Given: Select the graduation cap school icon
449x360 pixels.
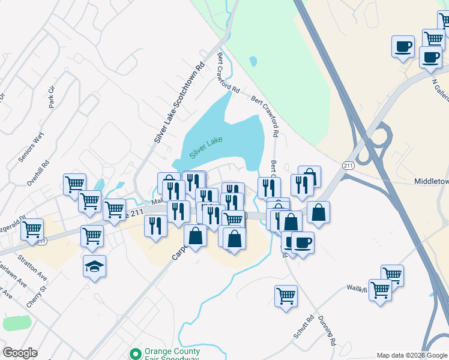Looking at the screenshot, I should [x=95, y=266].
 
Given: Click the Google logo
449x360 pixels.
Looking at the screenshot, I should [x=20, y=353].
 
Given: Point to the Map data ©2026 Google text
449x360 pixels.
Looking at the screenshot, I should [x=411, y=355].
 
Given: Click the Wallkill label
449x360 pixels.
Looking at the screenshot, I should [x=356, y=288].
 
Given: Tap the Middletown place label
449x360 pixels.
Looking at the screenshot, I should [x=432, y=181].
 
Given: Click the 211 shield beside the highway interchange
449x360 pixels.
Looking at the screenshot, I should [x=348, y=164].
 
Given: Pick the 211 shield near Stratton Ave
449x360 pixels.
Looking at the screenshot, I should [x=41, y=241].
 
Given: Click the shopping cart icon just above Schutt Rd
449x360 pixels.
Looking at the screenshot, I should [x=286, y=295].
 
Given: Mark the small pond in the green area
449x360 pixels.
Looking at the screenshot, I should [x=253, y=61].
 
